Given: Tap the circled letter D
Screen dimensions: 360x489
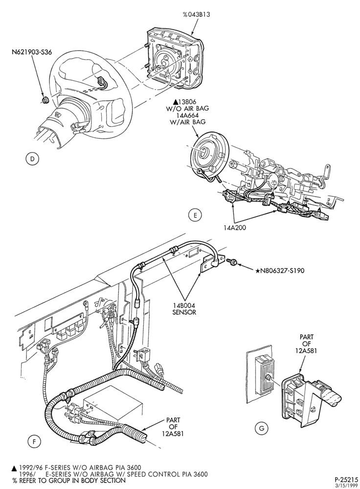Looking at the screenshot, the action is click(x=32, y=159).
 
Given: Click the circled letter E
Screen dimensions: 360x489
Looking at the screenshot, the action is click(x=195, y=215).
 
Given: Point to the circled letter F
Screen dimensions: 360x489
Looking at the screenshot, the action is click(x=34, y=441).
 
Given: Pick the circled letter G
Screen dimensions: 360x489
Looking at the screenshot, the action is click(x=261, y=428).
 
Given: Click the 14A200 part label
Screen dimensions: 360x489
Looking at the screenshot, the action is click(x=235, y=228).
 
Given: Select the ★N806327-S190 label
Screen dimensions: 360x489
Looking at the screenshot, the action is click(x=280, y=271).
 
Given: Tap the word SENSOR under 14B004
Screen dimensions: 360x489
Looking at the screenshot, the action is click(x=184, y=312).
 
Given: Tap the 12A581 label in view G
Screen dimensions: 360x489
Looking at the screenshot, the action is click(x=306, y=351).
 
